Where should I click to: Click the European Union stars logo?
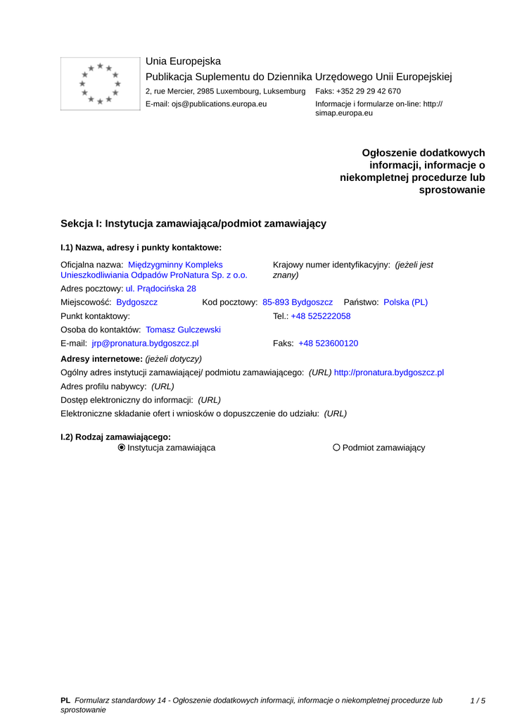point(100,84)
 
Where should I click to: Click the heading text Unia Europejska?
point(183,61)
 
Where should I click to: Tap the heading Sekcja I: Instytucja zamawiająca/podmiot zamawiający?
point(193,223)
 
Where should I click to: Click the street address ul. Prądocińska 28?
point(161,289)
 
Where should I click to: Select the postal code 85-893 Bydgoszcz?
point(298,302)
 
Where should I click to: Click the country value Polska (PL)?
point(405,302)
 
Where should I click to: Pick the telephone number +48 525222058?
point(321,316)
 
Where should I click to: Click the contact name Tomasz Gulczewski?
point(183,330)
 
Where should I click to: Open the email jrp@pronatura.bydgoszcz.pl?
point(145,344)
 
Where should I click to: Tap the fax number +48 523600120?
point(329,344)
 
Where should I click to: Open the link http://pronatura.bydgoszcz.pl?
point(389,372)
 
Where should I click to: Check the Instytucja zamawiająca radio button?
point(122,448)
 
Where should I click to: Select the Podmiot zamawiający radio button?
point(336,448)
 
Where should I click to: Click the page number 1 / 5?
point(478,701)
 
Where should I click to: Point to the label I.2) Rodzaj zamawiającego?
point(116,437)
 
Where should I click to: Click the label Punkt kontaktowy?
point(96,316)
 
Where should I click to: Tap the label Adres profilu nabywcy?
point(104,387)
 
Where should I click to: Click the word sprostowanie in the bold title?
point(452,190)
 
